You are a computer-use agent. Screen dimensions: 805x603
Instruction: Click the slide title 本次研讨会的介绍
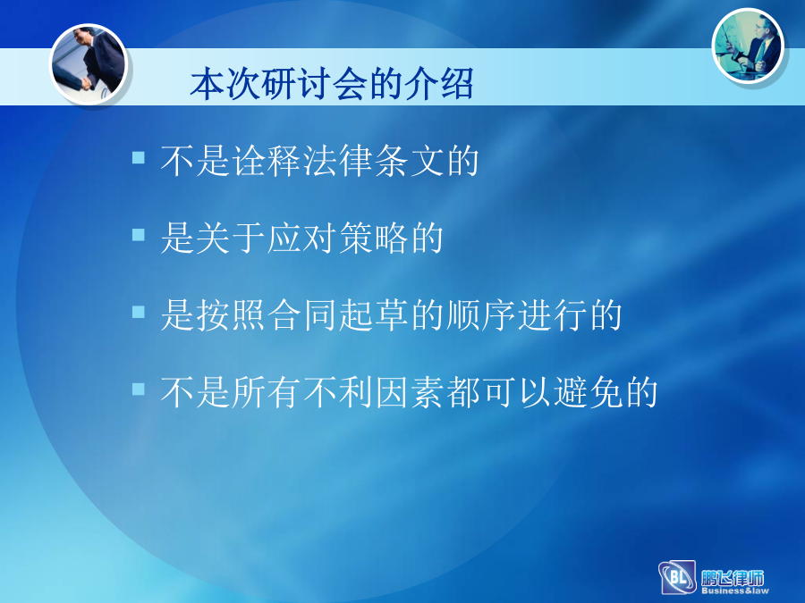tap(332, 84)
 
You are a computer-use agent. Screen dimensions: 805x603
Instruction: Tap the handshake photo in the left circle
tap(89, 63)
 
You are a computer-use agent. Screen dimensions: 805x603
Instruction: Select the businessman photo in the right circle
tap(749, 46)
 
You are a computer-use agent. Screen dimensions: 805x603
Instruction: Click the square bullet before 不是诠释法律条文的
tap(138, 157)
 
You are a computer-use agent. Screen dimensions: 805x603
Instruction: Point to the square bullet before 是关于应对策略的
tap(138, 234)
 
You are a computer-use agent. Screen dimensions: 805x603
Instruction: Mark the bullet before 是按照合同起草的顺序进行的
tap(138, 312)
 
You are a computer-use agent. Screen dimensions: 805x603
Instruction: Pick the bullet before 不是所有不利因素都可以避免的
tap(138, 389)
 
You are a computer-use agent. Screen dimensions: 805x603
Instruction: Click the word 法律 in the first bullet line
tap(337, 161)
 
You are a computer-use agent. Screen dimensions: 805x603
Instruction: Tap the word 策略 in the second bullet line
tap(373, 238)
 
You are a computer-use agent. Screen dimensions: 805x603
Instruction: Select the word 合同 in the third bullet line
tap(301, 315)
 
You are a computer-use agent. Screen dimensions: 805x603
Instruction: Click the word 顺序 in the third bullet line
tap(480, 315)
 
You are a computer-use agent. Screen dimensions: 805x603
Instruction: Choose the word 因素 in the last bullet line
tap(409, 392)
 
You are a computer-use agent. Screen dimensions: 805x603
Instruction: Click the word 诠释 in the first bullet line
tap(266, 161)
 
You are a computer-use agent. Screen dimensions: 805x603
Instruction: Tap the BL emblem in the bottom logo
tap(677, 577)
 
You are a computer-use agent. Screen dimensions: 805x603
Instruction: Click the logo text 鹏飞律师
tap(733, 578)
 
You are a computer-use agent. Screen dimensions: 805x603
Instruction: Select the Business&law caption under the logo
tap(735, 590)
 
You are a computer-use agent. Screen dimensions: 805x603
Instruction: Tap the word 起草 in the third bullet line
tap(373, 315)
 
